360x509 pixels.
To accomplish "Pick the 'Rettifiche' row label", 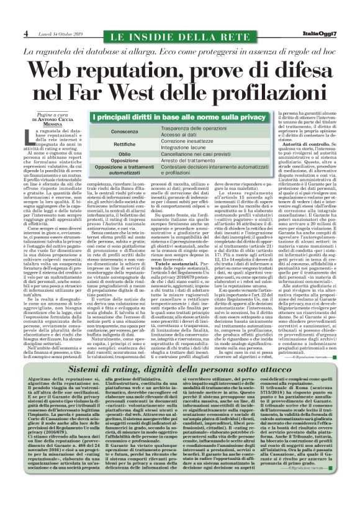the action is tap(125, 145).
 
